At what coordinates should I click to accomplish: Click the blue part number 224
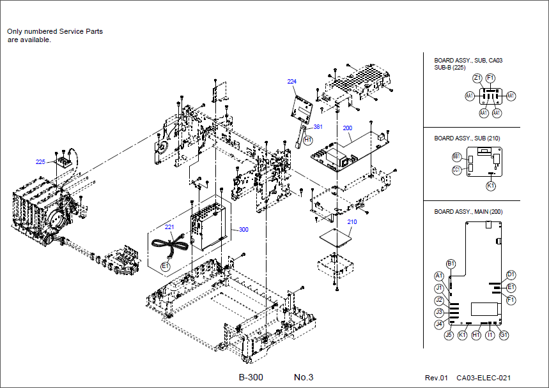292,82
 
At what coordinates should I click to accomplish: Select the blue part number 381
318,126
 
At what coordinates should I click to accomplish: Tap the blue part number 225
40,162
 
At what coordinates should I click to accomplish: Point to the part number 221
169,227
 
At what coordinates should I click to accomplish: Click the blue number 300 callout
243,230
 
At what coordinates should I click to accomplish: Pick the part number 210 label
352,222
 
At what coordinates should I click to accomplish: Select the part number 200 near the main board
347,128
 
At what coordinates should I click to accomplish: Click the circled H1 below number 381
307,139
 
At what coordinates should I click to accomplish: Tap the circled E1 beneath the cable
164,265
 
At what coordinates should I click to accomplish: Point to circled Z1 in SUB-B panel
477,78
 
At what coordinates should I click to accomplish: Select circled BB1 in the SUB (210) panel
456,156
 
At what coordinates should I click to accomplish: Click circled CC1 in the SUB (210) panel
456,170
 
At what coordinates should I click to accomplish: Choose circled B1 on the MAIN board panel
451,264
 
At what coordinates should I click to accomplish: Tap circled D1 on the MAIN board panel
511,275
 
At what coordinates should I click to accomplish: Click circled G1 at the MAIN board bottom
504,334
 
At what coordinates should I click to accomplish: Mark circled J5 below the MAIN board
449,334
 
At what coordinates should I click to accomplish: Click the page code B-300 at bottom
251,377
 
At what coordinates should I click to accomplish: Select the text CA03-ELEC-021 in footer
483,378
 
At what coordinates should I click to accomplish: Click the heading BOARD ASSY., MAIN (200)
468,211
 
